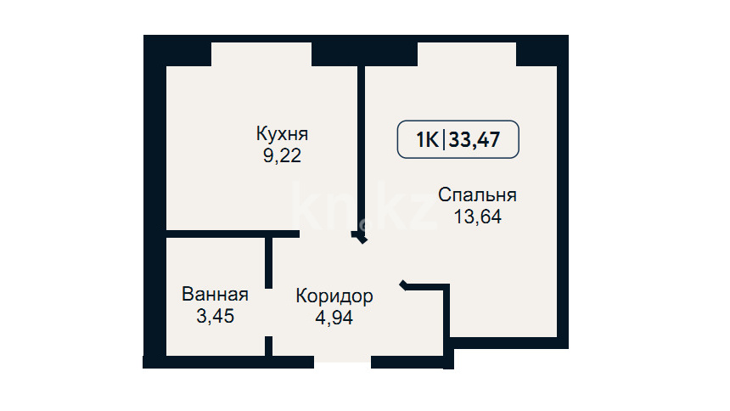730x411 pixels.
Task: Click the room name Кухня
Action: [282, 133]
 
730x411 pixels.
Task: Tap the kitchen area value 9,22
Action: [282, 155]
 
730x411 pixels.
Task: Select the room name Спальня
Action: [477, 194]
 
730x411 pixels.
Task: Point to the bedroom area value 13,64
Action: [478, 217]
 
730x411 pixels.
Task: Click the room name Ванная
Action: [215, 295]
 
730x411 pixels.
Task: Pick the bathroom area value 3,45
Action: [215, 317]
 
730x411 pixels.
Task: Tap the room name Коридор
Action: [334, 296]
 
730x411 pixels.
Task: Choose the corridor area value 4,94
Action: [334, 318]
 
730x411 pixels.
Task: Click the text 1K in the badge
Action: [427, 140]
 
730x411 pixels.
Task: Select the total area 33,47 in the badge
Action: [474, 140]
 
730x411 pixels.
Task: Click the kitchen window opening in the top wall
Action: [261, 54]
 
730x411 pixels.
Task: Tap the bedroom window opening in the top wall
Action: [467, 54]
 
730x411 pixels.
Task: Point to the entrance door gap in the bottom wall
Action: [343, 362]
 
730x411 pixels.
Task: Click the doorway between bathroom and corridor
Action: [268, 312]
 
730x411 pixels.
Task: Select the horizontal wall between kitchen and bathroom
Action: [233, 234]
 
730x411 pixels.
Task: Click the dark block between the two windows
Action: [364, 50]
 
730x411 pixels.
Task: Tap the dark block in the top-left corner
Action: [177, 50]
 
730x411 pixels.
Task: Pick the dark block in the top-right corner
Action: [542, 50]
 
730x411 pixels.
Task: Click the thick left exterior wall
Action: [155, 201]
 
